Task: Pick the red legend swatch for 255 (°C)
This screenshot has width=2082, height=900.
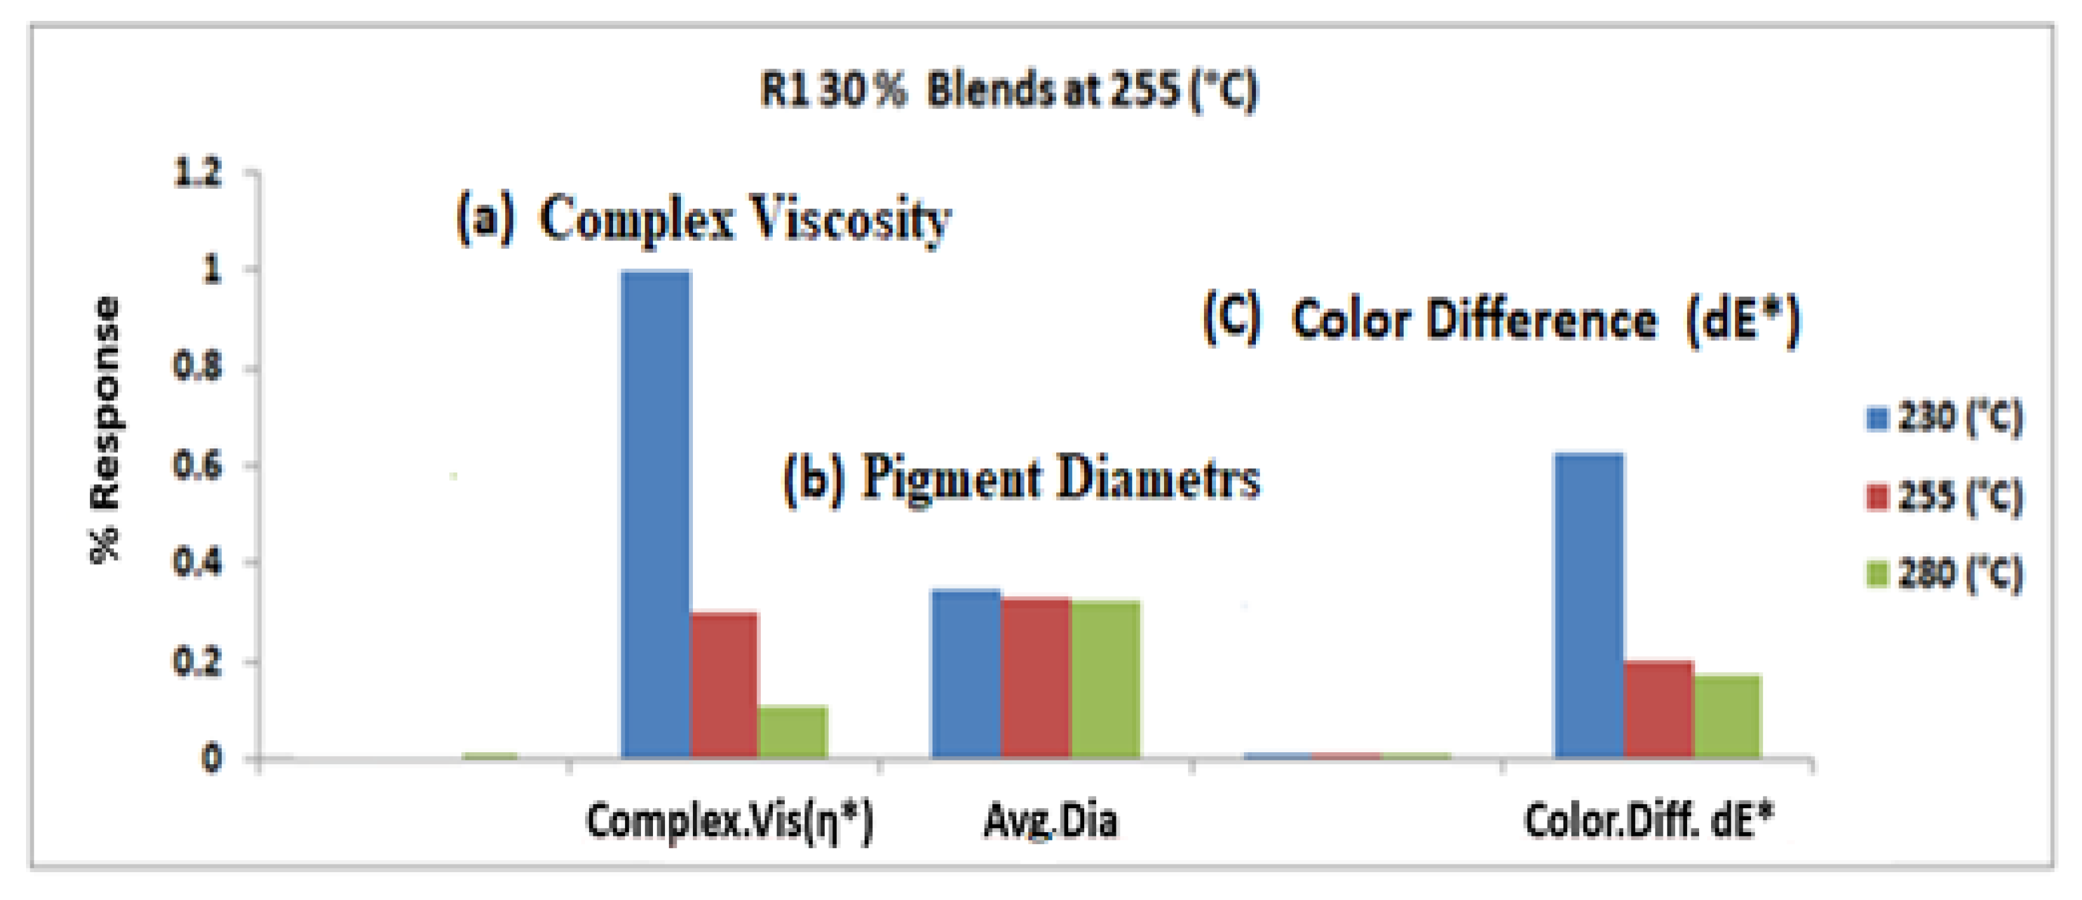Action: (1877, 497)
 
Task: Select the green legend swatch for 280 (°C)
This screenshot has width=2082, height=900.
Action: (1877, 573)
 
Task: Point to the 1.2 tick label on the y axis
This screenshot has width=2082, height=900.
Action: (197, 173)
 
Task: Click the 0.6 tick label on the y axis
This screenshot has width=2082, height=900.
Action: (197, 467)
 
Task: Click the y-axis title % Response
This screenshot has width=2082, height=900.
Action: (105, 429)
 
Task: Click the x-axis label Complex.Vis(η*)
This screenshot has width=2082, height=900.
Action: (729, 821)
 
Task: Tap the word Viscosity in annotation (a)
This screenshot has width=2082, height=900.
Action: (849, 220)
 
